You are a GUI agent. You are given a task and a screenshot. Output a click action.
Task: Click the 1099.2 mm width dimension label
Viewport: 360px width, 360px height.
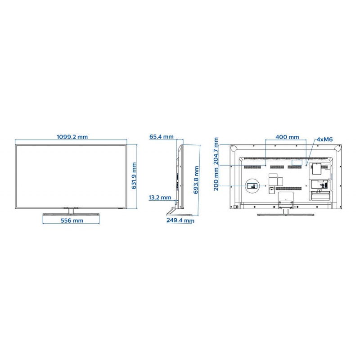tap(72, 137)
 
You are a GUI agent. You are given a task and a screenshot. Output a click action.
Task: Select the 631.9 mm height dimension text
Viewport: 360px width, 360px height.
tap(134, 176)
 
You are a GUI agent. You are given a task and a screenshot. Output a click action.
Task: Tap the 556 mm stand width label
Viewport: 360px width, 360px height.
tap(72, 220)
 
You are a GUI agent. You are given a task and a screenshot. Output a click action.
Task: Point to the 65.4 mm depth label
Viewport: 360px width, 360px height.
tap(162, 137)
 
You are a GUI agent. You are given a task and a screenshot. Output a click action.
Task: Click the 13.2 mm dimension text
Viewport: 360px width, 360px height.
tap(160, 198)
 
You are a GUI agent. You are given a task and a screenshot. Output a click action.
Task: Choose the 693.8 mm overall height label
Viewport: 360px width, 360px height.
tap(196, 180)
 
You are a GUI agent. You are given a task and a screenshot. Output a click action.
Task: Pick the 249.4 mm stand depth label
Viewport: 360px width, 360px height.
tap(180, 220)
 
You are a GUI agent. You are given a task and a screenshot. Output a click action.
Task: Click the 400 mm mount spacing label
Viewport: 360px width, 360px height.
tap(287, 137)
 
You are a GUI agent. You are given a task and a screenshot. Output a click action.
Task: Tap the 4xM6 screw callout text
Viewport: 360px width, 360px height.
tap(324, 139)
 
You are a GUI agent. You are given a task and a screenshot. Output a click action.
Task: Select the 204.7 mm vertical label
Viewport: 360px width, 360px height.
tap(216, 151)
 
